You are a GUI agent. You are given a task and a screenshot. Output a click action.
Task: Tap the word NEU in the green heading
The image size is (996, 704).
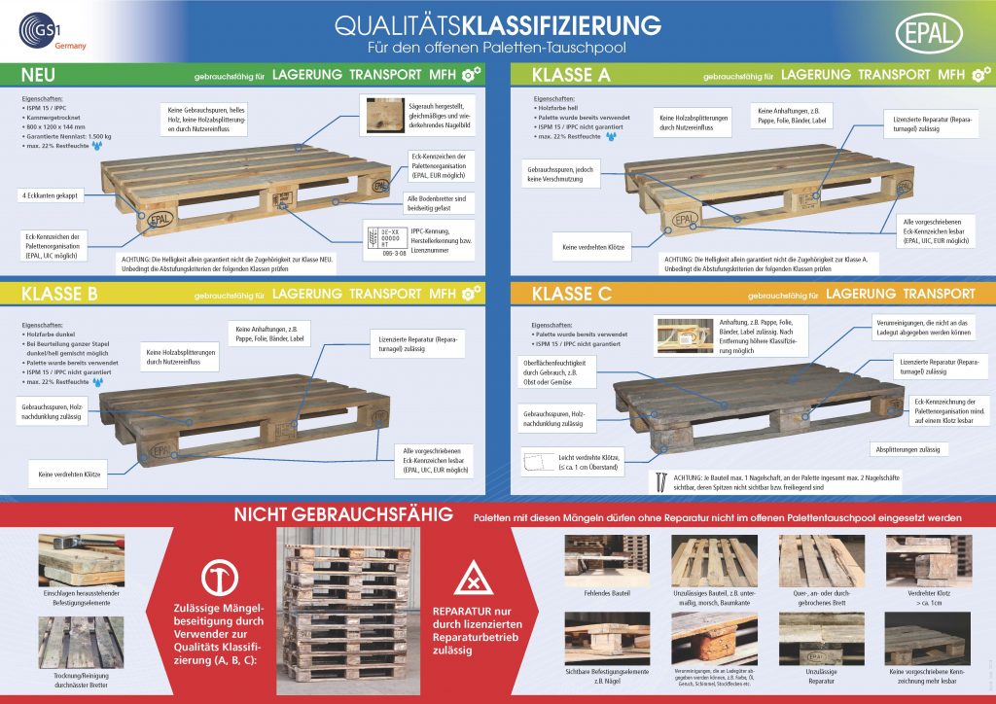(x=39, y=74)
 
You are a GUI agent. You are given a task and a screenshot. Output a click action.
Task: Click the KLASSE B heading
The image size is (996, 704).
(x=58, y=293)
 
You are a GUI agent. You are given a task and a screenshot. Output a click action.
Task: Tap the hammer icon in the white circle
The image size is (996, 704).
(x=217, y=578)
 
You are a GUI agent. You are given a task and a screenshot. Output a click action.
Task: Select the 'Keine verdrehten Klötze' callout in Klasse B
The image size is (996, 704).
(x=70, y=475)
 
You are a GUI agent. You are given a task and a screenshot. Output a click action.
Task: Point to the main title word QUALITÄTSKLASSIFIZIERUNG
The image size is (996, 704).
(x=498, y=25)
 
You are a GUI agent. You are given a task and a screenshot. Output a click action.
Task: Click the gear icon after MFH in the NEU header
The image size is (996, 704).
(x=470, y=74)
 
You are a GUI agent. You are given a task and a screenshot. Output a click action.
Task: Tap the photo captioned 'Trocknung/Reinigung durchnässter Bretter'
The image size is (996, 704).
(x=82, y=644)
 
